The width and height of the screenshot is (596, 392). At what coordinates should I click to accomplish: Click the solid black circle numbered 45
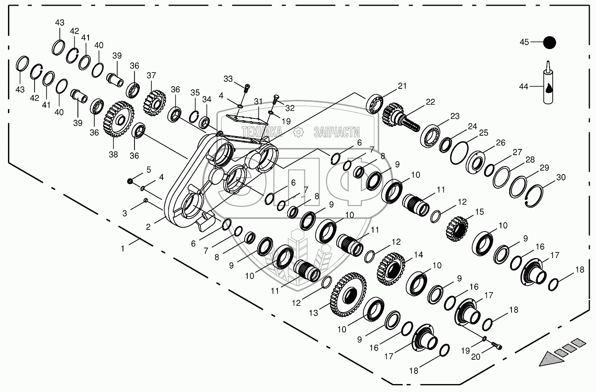pyautogui.click(x=550, y=42)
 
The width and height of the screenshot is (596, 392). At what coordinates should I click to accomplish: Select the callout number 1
pyautogui.click(x=123, y=248)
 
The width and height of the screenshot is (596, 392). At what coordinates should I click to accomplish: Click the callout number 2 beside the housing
pyautogui.click(x=148, y=227)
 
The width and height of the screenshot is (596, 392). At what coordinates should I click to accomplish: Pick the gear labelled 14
pyautogui.click(x=392, y=268)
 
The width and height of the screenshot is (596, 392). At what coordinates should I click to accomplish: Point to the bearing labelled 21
pyautogui.click(x=374, y=103)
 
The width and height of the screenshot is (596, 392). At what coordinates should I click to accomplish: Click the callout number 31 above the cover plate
pyautogui.click(x=258, y=101)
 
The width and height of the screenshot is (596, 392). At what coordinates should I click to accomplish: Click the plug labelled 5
pyautogui.click(x=130, y=181)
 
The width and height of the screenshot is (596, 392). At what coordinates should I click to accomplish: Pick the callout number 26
pyautogui.click(x=500, y=143)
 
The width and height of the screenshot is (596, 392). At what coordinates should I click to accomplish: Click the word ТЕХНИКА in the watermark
pyautogui.click(x=262, y=131)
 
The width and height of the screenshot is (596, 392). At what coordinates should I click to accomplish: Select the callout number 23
pyautogui.click(x=455, y=117)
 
